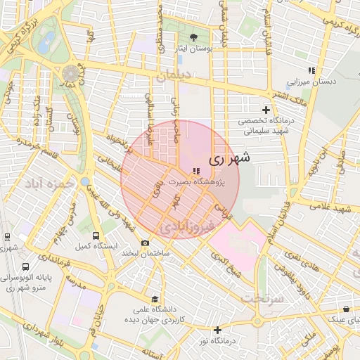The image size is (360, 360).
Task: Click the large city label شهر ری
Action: [x=230, y=160]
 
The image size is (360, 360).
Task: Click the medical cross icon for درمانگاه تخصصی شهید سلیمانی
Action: [x=266, y=110]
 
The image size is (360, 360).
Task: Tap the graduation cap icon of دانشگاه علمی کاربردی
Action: [x=155, y=299]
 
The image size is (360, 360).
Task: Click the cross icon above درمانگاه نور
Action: [x=217, y=330]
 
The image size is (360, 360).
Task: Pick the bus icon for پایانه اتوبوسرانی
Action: [x=26, y=267]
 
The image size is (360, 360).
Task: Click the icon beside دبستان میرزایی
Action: [x=311, y=70]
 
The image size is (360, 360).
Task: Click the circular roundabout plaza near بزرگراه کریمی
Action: [x=71, y=72]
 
